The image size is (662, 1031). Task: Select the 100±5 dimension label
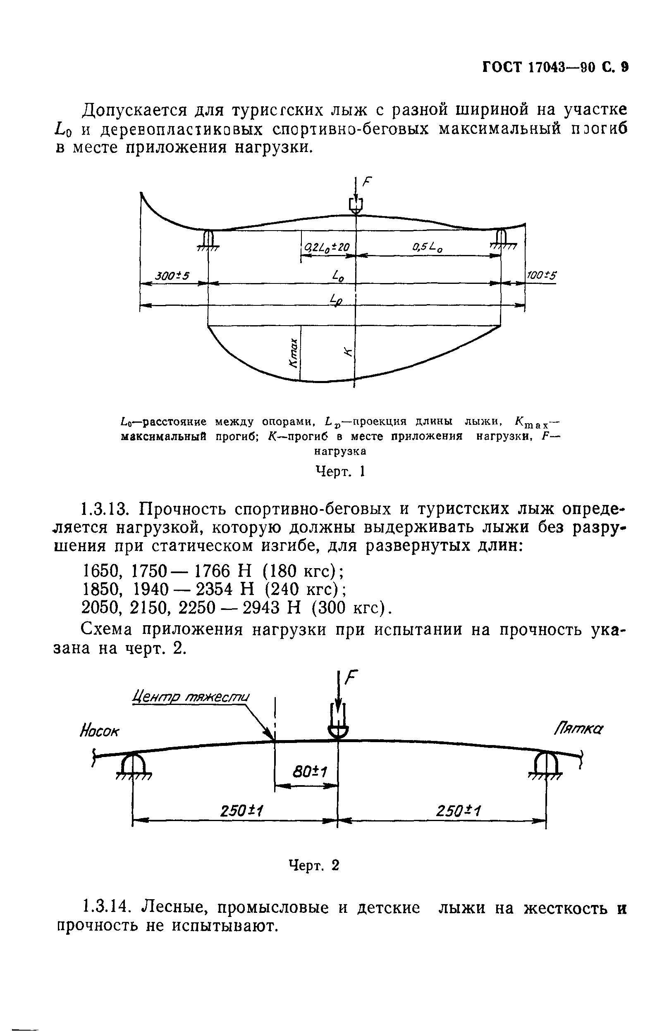tap(541, 275)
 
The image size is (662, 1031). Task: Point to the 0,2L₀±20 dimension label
tap(327, 247)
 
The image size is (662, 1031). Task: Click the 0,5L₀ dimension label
tap(427, 247)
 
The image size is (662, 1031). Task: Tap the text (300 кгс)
tap(351, 608)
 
